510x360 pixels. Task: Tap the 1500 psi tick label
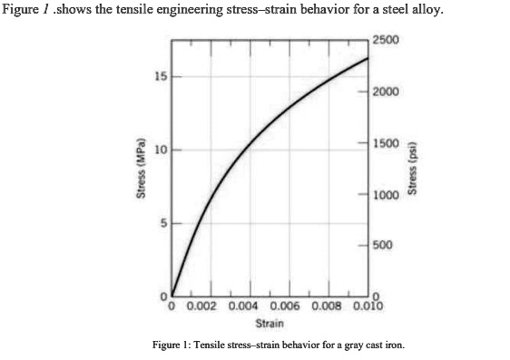coord(386,143)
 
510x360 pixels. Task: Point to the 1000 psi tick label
coord(386,195)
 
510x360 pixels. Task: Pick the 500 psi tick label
coord(383,246)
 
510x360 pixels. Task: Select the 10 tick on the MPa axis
coord(159,150)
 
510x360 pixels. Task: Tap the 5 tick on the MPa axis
coord(162,223)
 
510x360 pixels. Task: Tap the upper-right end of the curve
coord(368,58)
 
